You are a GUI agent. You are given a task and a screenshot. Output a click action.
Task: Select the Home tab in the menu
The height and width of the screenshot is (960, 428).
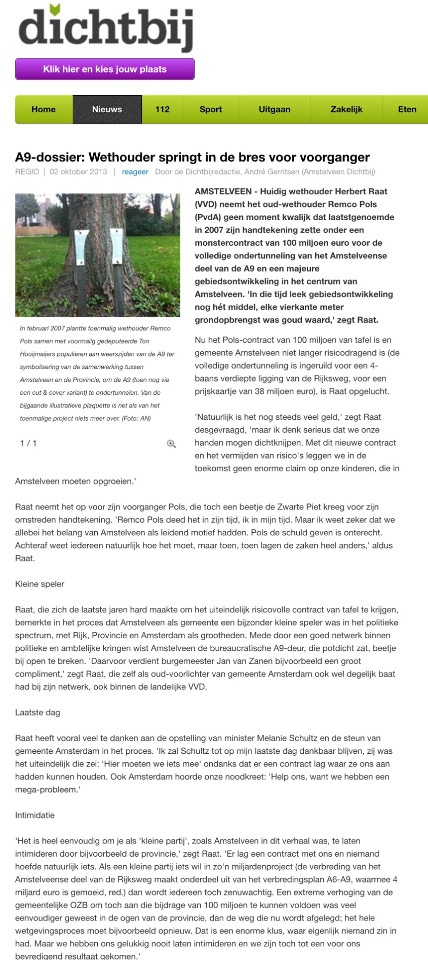click(44, 109)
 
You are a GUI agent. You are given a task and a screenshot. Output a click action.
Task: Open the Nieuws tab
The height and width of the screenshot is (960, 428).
click(107, 109)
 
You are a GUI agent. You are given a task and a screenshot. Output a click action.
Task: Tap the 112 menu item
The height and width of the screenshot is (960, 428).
click(162, 109)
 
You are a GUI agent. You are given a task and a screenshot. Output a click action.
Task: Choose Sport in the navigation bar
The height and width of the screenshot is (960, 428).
click(211, 109)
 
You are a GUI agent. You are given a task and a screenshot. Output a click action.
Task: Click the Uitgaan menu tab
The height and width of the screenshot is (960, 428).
click(275, 109)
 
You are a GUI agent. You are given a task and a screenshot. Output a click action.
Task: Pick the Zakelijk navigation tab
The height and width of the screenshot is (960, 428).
click(346, 109)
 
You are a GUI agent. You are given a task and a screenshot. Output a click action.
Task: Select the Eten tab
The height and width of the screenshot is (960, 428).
click(407, 109)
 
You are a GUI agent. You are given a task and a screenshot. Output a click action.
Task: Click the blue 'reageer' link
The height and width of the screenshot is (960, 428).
click(135, 172)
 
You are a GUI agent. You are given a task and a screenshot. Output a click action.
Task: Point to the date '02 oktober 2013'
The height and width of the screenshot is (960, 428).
click(79, 172)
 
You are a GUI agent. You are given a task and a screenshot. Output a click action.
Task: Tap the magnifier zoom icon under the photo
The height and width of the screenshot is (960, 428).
click(171, 444)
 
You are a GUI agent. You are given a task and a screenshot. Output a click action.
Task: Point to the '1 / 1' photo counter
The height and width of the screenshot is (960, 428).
click(28, 444)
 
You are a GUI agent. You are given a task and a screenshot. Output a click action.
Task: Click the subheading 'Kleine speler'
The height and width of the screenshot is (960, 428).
click(40, 584)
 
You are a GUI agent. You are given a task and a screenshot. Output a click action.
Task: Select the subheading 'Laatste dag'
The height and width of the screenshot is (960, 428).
click(37, 713)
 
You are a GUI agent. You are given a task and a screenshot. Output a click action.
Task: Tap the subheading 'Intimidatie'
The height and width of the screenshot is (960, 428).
click(35, 815)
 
